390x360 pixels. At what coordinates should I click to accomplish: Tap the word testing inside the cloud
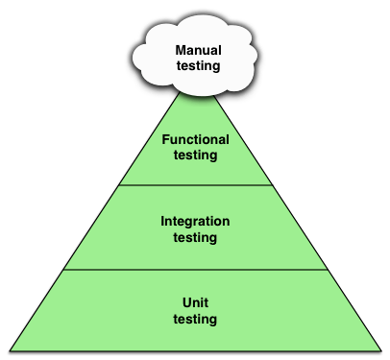tap(195, 66)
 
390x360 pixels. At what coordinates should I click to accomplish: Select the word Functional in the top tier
tap(195, 139)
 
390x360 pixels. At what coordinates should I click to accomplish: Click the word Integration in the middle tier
tap(195, 220)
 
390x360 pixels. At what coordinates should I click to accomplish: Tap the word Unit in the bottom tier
tap(195, 302)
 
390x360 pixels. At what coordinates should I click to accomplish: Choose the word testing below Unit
tap(195, 319)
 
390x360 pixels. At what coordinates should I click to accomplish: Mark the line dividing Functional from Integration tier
tap(195, 185)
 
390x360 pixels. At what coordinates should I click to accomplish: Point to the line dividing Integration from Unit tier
tap(195, 270)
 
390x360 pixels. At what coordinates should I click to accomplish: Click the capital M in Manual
tap(180, 50)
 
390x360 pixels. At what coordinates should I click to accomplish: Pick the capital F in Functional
tap(165, 139)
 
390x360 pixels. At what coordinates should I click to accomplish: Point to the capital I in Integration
tap(162, 220)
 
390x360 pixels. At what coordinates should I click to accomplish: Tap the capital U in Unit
tap(185, 302)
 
